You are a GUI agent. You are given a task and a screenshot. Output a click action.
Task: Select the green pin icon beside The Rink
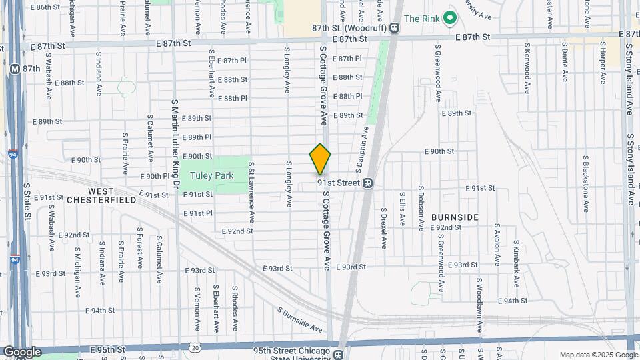450,18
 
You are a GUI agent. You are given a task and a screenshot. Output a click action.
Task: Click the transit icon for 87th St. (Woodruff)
395,28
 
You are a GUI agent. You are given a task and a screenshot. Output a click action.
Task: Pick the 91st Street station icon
367,183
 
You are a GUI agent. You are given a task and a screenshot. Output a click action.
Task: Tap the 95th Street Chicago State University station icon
339,355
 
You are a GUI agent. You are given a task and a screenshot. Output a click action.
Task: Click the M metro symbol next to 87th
14,69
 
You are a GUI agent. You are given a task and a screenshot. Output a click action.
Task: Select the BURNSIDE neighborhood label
455,217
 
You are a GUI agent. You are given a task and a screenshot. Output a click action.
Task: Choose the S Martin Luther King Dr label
175,143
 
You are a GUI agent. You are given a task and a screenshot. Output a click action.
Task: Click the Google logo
21,351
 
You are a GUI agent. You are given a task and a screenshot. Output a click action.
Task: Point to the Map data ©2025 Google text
597,355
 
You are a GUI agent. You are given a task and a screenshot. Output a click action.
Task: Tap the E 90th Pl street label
155,176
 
